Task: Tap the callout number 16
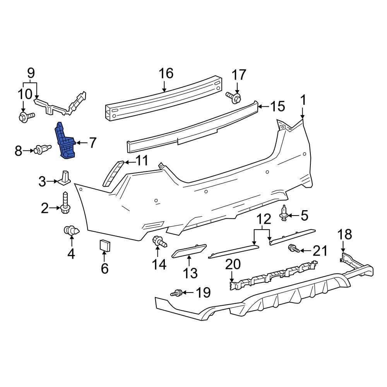[x=166, y=73]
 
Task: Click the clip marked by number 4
[x=71, y=231]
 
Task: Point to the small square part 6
[x=105, y=245]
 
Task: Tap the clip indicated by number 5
[x=284, y=213]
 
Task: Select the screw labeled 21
[x=293, y=249]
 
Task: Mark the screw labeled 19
[x=177, y=293]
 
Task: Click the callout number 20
[x=233, y=265]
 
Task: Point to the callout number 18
[x=344, y=234]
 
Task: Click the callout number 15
[x=277, y=106]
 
